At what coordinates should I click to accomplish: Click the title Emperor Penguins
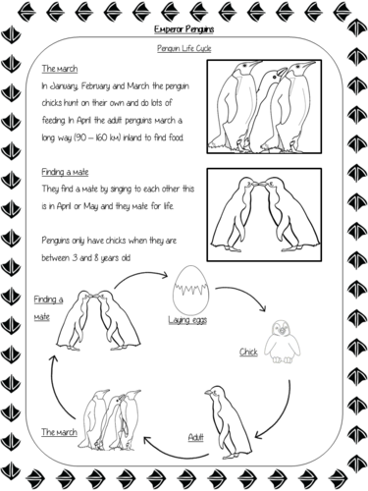click(x=184, y=29)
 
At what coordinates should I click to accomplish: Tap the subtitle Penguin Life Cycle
click(x=184, y=48)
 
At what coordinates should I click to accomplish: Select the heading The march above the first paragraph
click(x=60, y=69)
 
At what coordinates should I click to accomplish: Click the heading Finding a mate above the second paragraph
click(x=65, y=172)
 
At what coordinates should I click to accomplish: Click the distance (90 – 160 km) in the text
click(x=98, y=137)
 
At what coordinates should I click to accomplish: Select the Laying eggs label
click(x=187, y=320)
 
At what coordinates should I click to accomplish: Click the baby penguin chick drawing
click(x=283, y=342)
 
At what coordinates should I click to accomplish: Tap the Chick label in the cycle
click(x=248, y=352)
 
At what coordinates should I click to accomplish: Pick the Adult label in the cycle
click(x=196, y=437)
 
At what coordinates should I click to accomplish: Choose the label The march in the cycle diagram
click(x=59, y=432)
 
